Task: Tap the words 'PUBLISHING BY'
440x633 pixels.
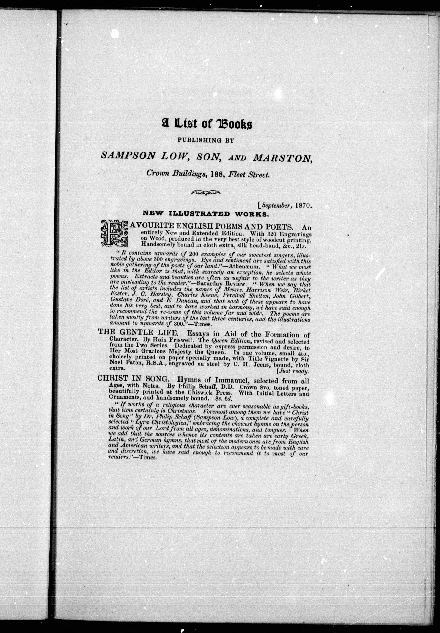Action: click(x=206, y=140)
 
